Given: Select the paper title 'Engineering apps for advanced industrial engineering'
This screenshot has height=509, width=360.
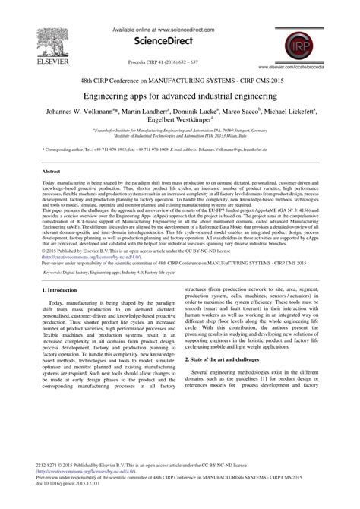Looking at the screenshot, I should [x=179, y=97].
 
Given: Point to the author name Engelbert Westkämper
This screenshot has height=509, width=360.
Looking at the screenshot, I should [x=179, y=122].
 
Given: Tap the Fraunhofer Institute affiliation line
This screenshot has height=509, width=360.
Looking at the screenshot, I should [x=179, y=131].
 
